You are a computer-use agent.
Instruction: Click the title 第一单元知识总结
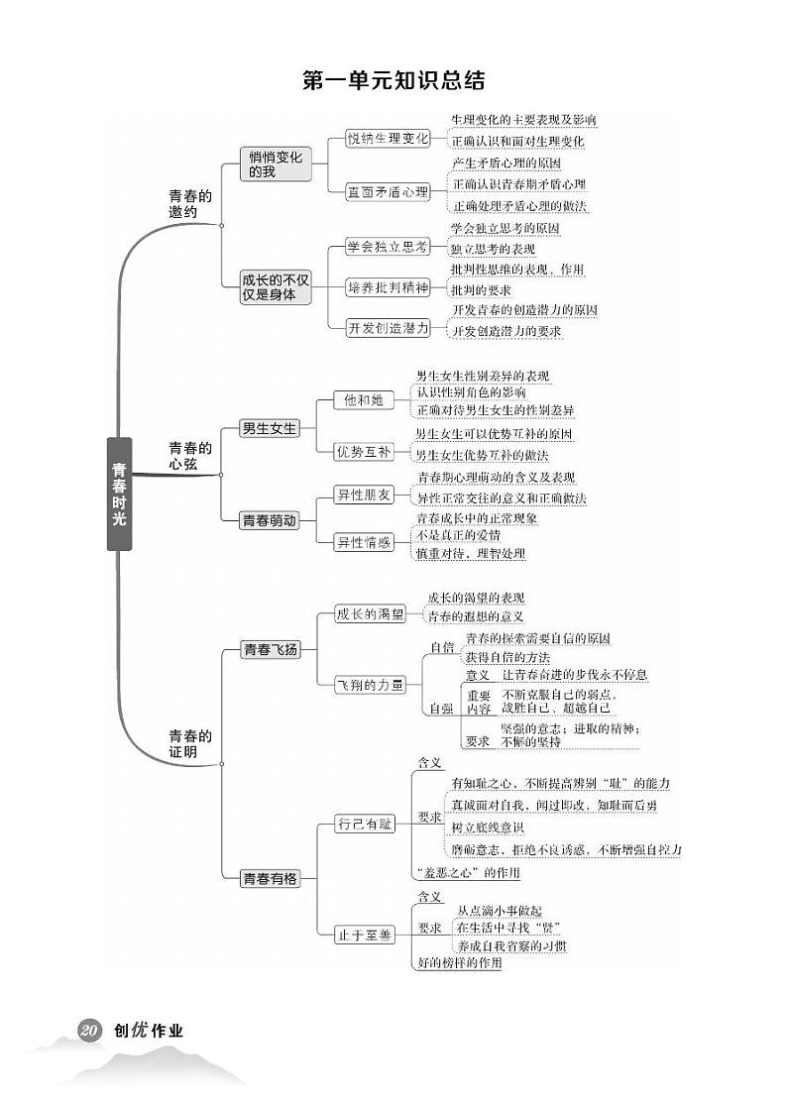click(393, 80)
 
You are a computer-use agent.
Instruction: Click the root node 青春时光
click(119, 494)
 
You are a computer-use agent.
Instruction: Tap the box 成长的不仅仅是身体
click(276, 286)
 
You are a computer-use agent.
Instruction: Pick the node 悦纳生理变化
click(388, 139)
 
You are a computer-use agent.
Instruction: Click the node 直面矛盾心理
click(388, 191)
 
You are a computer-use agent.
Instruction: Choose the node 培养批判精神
click(389, 287)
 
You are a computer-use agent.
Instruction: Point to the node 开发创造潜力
click(389, 327)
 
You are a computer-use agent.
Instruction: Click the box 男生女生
click(270, 428)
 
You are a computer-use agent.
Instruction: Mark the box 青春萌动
click(270, 520)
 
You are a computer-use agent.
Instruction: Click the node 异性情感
click(363, 542)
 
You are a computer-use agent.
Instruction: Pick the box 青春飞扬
click(270, 650)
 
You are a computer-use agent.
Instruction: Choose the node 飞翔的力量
click(370, 684)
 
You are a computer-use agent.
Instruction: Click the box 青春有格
click(270, 878)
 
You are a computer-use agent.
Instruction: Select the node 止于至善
click(365, 933)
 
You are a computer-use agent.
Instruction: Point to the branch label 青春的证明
click(189, 743)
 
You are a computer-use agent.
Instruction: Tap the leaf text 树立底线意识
click(488, 828)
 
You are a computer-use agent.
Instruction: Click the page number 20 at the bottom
click(88, 1031)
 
